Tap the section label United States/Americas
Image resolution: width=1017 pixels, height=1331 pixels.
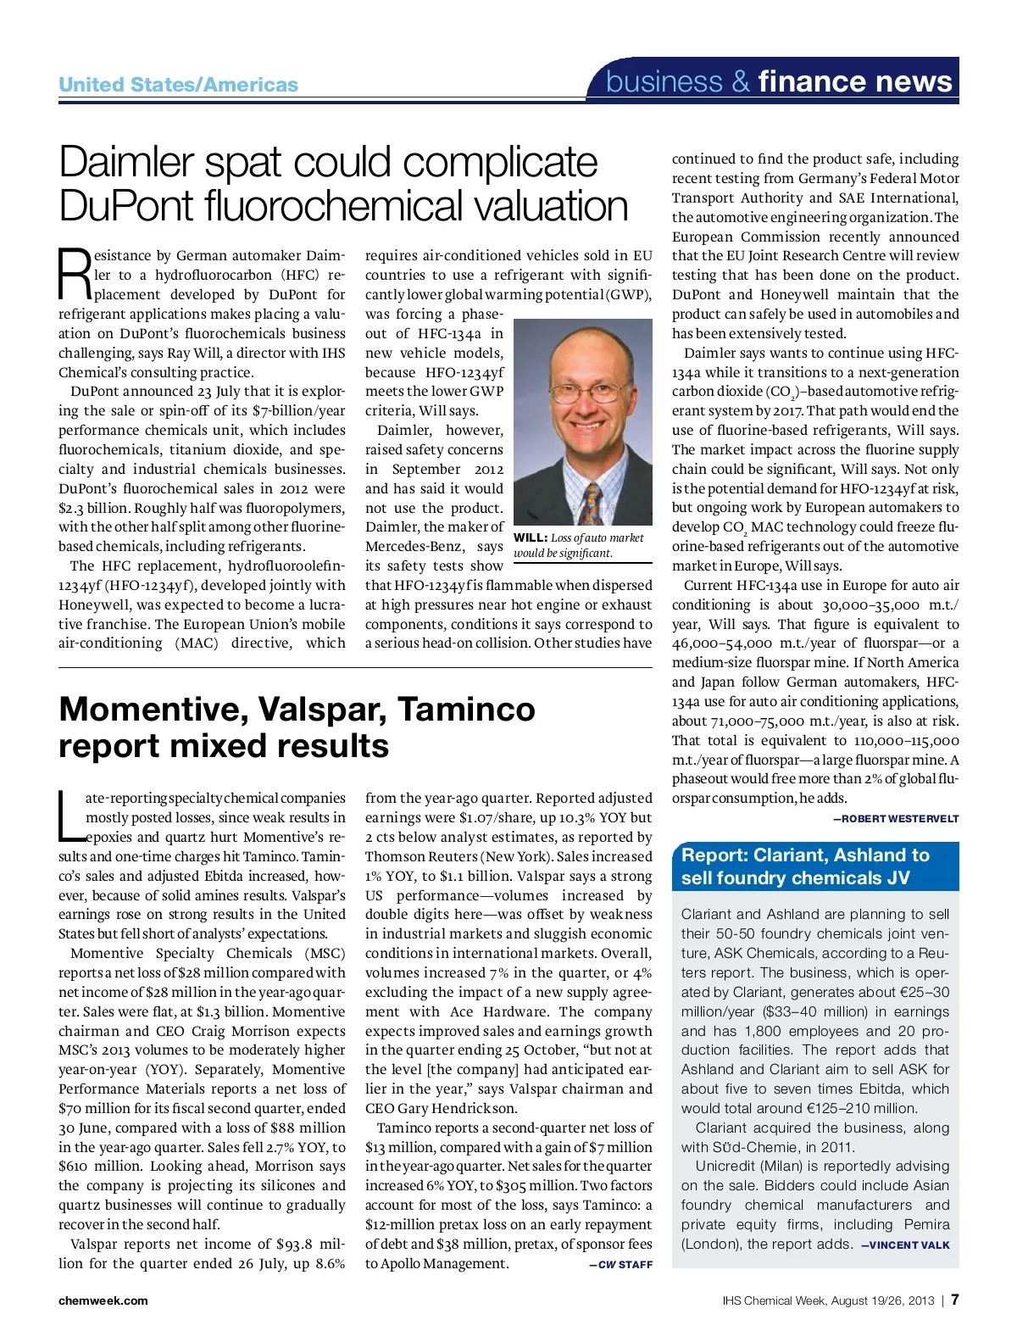pos(178,85)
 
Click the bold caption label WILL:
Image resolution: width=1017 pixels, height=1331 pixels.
pos(531,537)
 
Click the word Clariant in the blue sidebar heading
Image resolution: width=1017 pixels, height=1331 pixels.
pos(792,855)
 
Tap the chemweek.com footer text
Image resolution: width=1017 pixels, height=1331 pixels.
pos(103,1300)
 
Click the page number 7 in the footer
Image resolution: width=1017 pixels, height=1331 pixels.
pos(954,1300)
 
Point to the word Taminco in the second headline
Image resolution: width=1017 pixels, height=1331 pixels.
pos(466,709)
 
